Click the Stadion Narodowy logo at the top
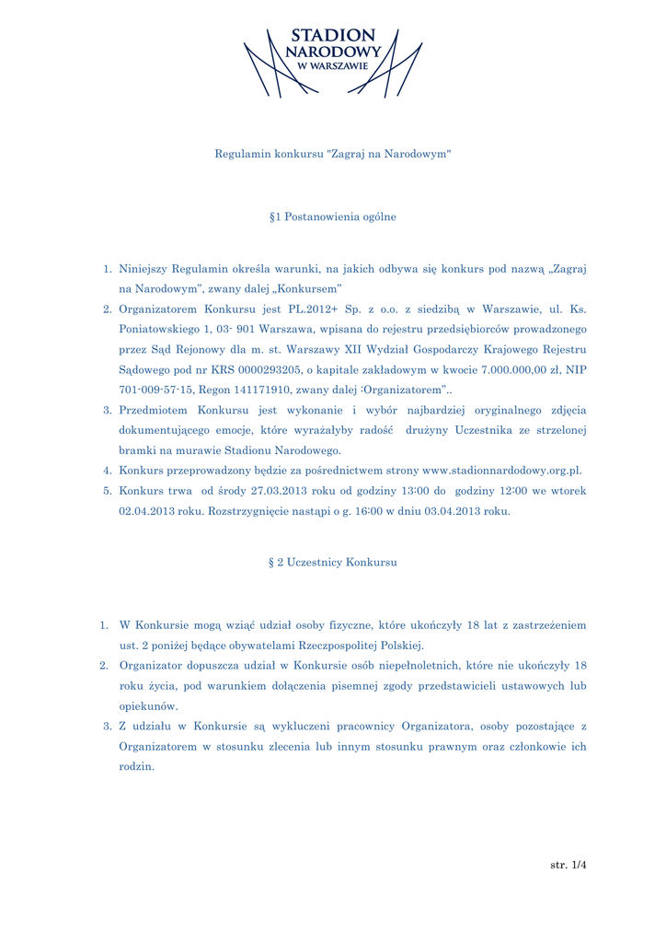tap(333, 61)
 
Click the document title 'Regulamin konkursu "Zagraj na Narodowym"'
tap(333, 153)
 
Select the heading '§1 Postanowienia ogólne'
tap(333, 217)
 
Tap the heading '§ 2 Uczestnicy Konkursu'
tap(333, 562)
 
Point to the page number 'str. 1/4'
tap(568, 866)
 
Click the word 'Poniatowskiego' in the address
tap(158, 330)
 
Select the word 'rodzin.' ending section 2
tap(137, 767)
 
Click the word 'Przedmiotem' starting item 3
tap(154, 410)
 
